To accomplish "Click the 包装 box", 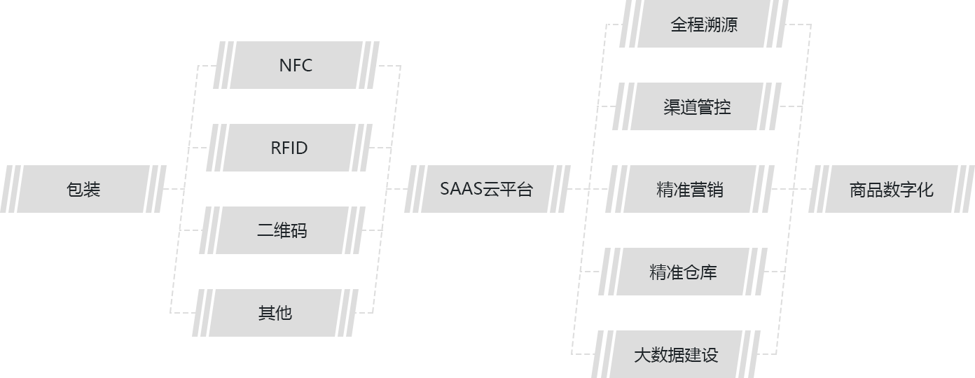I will pyautogui.click(x=83, y=189).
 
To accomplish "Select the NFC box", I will pyautogui.click(x=296, y=65).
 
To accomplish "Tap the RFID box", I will pyautogui.click(x=289, y=148).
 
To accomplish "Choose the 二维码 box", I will pyautogui.click(x=282, y=230).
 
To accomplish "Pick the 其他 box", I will pyautogui.click(x=275, y=313).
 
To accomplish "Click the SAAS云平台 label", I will pyautogui.click(x=486, y=189).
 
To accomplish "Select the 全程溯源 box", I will pyautogui.click(x=703, y=24).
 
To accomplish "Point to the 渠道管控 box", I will pyautogui.click(x=696, y=106).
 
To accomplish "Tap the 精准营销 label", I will pyautogui.click(x=690, y=190).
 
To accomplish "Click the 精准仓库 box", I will pyautogui.click(x=683, y=272).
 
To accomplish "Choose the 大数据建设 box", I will pyautogui.click(x=675, y=355).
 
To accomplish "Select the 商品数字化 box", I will pyautogui.click(x=891, y=190).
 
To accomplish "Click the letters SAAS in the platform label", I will pyautogui.click(x=461, y=189).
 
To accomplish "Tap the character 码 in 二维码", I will pyautogui.click(x=299, y=230).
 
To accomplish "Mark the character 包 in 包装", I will pyautogui.click(x=75, y=189).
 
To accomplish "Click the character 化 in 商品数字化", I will pyautogui.click(x=925, y=190).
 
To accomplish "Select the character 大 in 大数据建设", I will pyautogui.click(x=642, y=355).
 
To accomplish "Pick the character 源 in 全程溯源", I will pyautogui.click(x=729, y=24).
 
